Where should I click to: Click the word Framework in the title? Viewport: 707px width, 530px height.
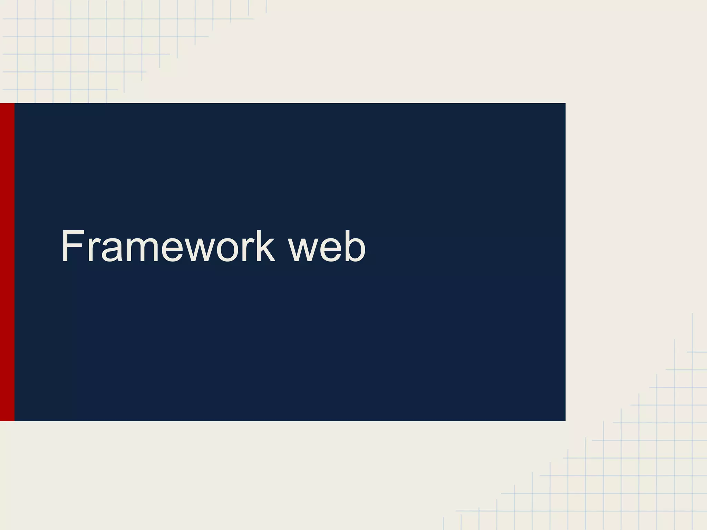(168, 246)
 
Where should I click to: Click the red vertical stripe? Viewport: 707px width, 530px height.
(7, 262)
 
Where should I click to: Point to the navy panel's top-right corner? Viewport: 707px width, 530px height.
(565, 104)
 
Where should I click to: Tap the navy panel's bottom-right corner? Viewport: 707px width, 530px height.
(565, 420)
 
